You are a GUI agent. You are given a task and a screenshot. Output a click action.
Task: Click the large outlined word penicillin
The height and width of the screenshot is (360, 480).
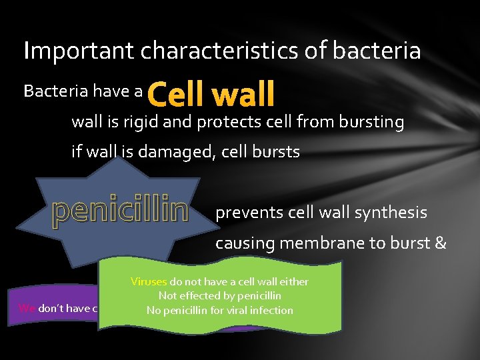point(121,211)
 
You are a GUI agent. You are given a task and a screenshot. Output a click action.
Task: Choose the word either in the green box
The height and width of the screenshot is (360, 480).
point(293,281)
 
